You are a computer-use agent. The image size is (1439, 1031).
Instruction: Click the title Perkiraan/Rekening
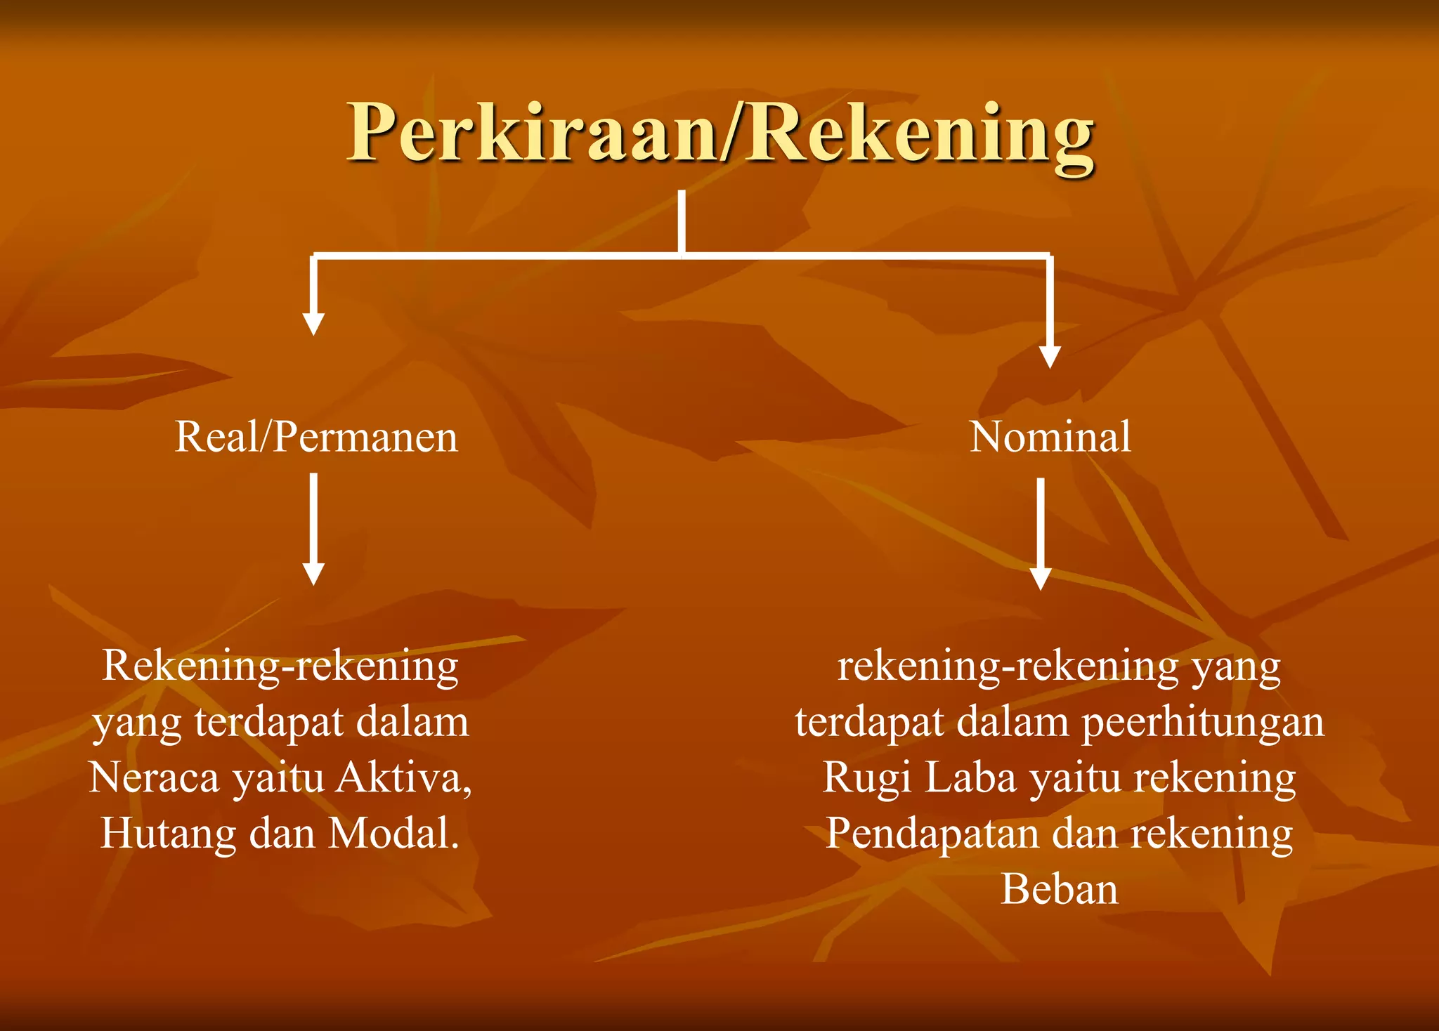pyautogui.click(x=721, y=133)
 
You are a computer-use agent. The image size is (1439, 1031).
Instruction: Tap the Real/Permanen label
pyautogui.click(x=316, y=437)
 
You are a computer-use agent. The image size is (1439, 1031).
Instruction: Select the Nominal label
pyautogui.click(x=1050, y=437)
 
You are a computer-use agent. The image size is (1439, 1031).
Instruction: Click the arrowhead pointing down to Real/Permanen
pyautogui.click(x=313, y=323)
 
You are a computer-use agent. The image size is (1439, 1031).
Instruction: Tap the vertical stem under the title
pyautogui.click(x=682, y=221)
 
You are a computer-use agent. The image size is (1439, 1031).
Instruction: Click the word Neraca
pyautogui.click(x=155, y=778)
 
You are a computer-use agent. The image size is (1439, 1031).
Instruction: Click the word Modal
pyautogui.click(x=393, y=834)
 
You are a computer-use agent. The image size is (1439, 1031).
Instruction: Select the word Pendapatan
pyautogui.click(x=932, y=834)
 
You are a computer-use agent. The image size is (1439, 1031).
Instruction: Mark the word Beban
pyautogui.click(x=1059, y=890)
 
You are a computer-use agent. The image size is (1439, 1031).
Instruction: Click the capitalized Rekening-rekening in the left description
pyautogui.click(x=280, y=666)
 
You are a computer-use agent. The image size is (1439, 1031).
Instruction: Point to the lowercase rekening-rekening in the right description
pyautogui.click(x=1008, y=666)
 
